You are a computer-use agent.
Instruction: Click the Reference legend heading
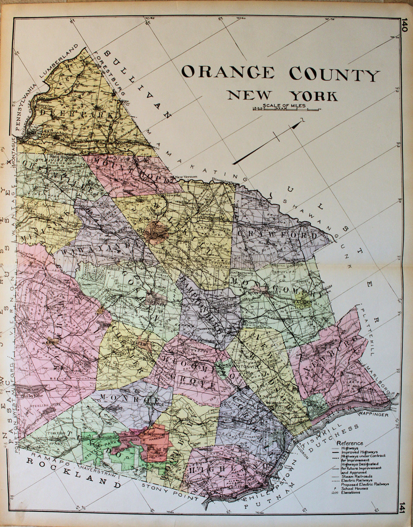click(x=349, y=443)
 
